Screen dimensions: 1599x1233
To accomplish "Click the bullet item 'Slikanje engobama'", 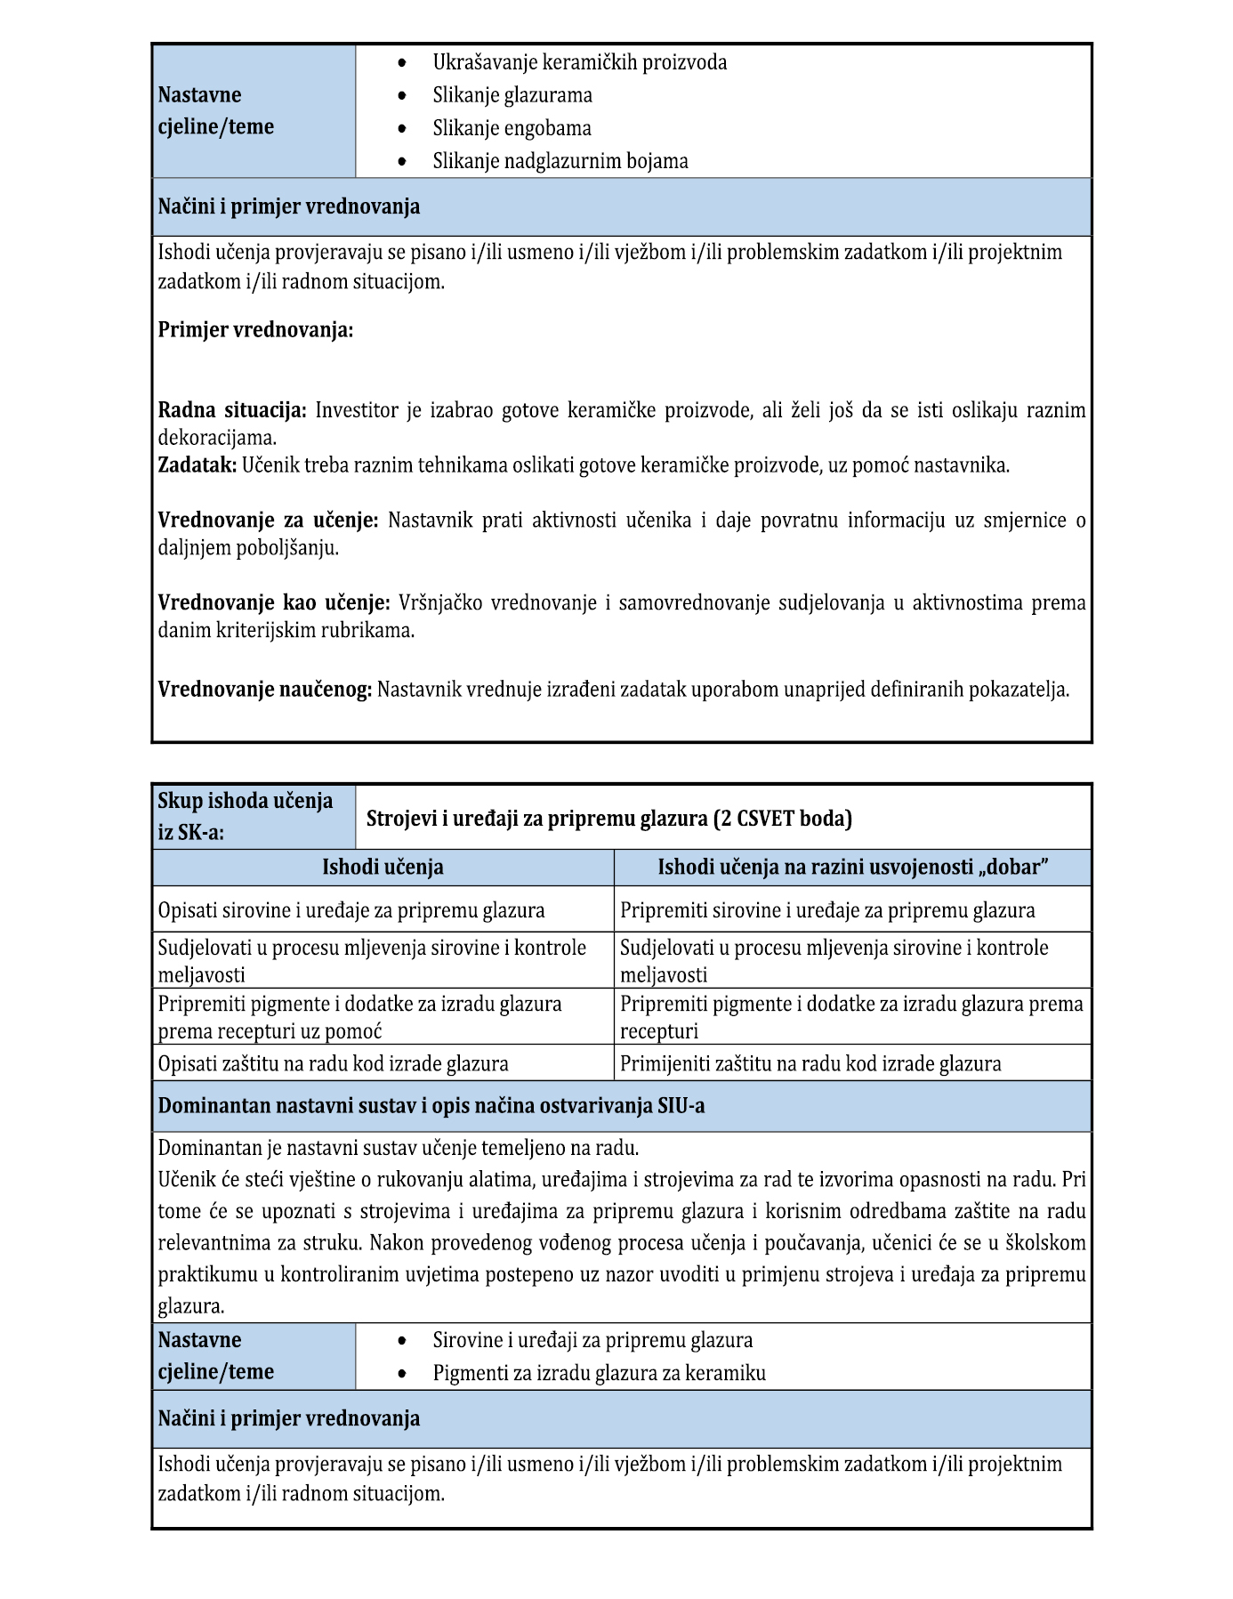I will click(x=512, y=128).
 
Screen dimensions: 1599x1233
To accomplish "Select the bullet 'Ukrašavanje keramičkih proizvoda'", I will click(x=579, y=62).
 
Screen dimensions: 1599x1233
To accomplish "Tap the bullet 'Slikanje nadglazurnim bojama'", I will click(x=560, y=161).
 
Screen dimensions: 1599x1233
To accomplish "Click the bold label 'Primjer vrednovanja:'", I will click(x=255, y=330).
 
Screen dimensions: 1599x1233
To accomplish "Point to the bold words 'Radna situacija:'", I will click(x=232, y=410).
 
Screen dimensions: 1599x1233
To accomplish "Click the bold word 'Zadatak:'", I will click(x=197, y=464).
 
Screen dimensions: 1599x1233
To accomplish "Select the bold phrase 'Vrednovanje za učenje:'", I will click(x=268, y=520).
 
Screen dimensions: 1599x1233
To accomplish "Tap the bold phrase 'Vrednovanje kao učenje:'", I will click(x=274, y=602).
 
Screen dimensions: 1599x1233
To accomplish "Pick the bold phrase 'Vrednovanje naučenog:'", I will click(x=264, y=689).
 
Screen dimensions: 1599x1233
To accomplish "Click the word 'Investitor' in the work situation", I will click(x=357, y=410).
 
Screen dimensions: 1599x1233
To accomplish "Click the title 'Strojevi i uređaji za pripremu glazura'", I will click(x=536, y=818).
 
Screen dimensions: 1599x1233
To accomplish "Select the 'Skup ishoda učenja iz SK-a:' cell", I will click(x=254, y=816).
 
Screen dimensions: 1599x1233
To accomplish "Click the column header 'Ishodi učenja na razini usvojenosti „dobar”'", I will click(x=852, y=867).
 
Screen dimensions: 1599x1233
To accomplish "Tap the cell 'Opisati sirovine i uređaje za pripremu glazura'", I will click(x=351, y=910).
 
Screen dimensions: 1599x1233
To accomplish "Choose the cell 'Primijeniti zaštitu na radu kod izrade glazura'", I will click(x=810, y=1063).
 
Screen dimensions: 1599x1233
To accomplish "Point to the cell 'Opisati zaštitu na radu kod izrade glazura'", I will click(x=333, y=1063).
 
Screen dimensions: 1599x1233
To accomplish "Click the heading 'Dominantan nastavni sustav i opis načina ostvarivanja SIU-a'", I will click(x=431, y=1106).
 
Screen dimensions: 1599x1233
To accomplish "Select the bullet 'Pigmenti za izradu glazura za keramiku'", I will click(x=599, y=1373).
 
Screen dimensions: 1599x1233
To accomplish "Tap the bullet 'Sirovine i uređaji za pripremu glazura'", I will click(x=592, y=1340).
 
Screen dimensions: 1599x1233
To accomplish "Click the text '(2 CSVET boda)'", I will click(x=783, y=818).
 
